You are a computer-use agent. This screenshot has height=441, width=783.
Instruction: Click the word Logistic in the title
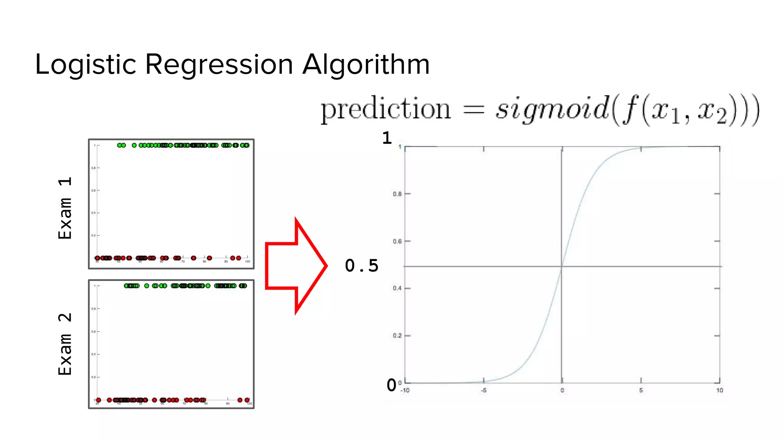[x=85, y=64]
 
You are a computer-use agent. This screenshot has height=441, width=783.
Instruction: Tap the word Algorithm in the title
[x=366, y=64]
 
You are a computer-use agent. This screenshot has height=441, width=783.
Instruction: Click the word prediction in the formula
[x=385, y=110]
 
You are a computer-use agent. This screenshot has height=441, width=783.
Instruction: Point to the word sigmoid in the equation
[x=552, y=110]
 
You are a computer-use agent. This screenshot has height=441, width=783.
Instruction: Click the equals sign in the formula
[x=474, y=110]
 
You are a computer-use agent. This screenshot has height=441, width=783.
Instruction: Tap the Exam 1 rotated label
[x=65, y=208]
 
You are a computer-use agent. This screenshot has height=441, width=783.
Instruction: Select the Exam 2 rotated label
[x=65, y=343]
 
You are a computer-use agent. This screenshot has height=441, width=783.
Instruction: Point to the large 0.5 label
[x=361, y=266]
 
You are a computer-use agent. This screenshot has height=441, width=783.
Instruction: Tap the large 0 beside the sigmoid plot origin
[x=391, y=385]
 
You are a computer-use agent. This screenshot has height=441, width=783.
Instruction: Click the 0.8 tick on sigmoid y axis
[x=397, y=194]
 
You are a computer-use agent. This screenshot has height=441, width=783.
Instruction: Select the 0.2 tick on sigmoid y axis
[x=397, y=336]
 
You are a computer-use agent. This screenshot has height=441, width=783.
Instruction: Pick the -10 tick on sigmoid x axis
[x=405, y=390]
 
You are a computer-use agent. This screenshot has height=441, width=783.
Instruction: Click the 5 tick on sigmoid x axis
[x=641, y=390]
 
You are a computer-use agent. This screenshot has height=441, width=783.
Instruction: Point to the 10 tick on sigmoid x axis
[x=720, y=390]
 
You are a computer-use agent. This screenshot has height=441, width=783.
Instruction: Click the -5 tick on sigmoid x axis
[x=484, y=390]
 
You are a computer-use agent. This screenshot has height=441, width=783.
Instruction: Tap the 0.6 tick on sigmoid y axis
[x=397, y=242]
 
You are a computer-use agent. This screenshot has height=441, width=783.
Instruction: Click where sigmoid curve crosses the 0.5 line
[x=562, y=266]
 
